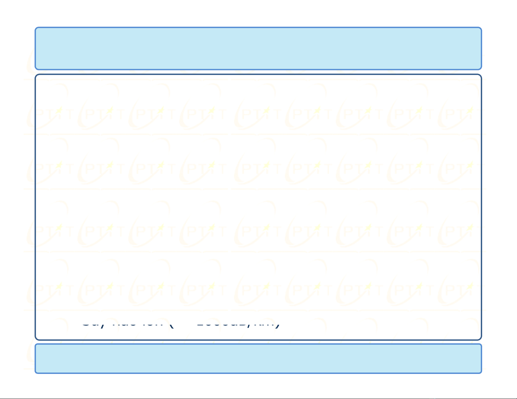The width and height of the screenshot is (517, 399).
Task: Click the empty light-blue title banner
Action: pos(258,48)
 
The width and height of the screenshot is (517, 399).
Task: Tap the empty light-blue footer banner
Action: pos(258,358)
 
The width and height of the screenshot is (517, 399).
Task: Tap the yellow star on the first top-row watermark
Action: pos(59,110)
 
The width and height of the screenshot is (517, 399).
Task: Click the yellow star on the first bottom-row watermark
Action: pos(59,286)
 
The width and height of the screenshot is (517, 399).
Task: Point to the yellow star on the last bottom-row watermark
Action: pos(470,286)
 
